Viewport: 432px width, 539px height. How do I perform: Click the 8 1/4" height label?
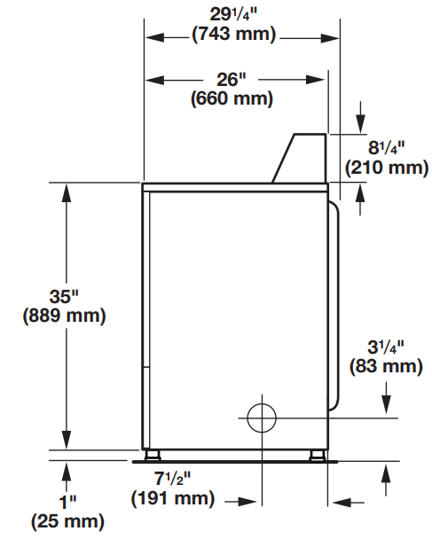(x=387, y=147)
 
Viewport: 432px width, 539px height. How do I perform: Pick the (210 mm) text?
(x=387, y=167)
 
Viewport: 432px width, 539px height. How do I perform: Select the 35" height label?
(x=62, y=296)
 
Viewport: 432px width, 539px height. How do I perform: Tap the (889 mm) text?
(x=62, y=316)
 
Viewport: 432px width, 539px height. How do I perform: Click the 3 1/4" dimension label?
(x=386, y=345)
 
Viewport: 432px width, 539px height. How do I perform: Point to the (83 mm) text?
(x=386, y=364)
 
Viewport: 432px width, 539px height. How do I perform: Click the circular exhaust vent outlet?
(x=263, y=415)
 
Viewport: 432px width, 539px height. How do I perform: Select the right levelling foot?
(x=315, y=456)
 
